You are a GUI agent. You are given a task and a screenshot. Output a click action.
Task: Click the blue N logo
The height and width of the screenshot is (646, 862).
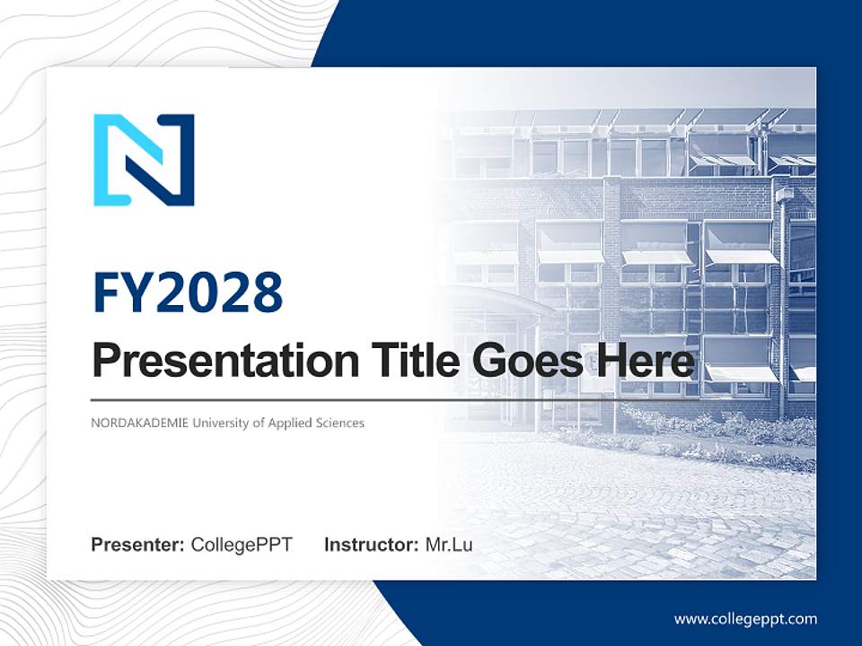pos(144,160)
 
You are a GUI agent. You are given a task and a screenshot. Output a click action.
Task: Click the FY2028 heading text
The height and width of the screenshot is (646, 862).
pos(188,293)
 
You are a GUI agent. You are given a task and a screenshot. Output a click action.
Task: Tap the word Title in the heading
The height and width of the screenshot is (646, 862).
pos(405,362)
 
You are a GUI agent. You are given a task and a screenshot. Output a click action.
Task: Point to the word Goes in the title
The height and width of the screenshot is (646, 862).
pos(522,362)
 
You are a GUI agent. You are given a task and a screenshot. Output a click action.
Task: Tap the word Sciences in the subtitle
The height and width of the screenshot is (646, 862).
pos(339,423)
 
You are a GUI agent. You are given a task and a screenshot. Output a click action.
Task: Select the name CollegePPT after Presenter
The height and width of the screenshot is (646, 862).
pos(242,545)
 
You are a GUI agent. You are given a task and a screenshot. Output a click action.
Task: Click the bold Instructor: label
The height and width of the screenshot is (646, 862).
pos(371,545)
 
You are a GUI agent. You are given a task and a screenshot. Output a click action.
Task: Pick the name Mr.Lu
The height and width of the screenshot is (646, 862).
pos(448,545)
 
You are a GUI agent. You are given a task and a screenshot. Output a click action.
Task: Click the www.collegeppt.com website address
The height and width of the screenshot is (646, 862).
pos(745,618)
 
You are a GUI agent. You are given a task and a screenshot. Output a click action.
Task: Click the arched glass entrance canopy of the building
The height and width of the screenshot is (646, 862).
pos(503,305)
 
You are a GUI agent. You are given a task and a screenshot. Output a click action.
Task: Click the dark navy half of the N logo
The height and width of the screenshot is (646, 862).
pos(180,157)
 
